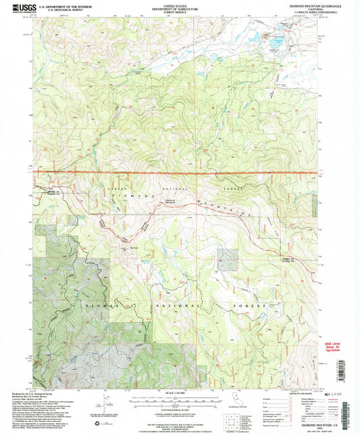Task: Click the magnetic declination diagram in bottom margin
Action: tap(96, 407)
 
